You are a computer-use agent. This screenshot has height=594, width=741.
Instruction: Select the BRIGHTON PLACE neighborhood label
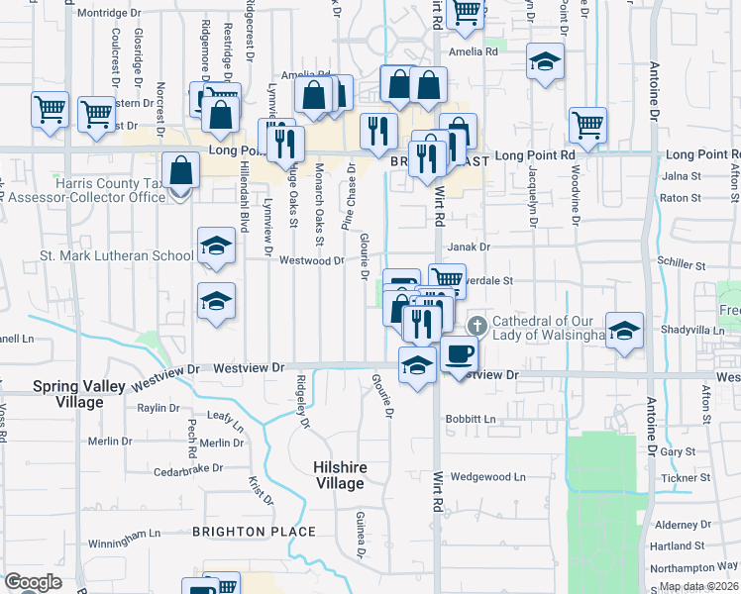click(x=254, y=532)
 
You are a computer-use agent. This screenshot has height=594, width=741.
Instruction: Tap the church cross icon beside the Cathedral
click(x=476, y=325)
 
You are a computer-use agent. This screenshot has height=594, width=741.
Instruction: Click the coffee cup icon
click(x=458, y=352)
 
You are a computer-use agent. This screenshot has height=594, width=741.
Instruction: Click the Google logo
click(x=33, y=582)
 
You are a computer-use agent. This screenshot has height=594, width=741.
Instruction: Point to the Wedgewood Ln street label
click(x=487, y=476)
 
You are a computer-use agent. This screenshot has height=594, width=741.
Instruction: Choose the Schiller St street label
click(x=684, y=266)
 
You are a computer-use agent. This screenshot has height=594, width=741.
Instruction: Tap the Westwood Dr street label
click(x=311, y=261)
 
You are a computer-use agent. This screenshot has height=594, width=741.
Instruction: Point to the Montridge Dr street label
click(x=110, y=13)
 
